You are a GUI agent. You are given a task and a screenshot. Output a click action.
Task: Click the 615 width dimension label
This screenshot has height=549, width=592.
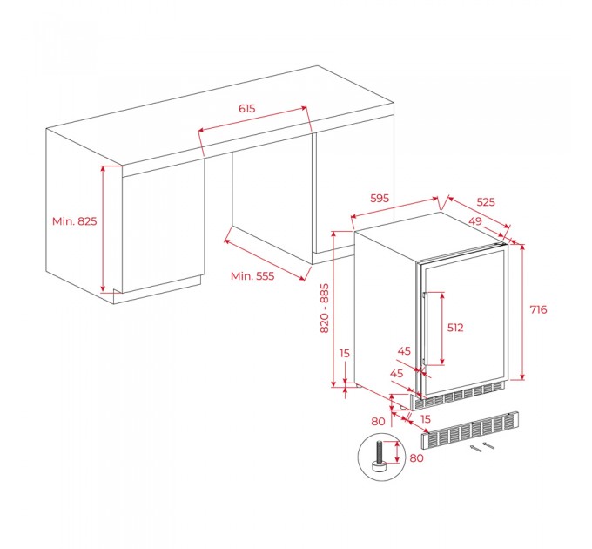click(x=247, y=109)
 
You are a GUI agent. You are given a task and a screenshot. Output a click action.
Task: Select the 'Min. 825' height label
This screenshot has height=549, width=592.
click(x=74, y=221)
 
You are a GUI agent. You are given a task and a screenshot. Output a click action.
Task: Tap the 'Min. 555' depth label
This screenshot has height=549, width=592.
click(x=252, y=276)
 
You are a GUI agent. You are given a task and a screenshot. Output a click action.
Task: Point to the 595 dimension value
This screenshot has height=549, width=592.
click(x=380, y=198)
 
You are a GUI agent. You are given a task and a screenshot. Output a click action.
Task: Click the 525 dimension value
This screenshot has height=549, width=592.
click(x=486, y=202)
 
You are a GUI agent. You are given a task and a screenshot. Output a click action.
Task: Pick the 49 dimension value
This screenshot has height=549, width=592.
click(x=475, y=220)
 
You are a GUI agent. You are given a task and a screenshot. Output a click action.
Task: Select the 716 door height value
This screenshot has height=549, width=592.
click(x=538, y=310)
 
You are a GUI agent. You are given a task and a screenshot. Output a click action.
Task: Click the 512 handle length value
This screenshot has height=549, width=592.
click(x=455, y=328)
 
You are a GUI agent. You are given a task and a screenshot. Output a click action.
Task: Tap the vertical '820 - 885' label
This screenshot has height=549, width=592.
click(x=325, y=308)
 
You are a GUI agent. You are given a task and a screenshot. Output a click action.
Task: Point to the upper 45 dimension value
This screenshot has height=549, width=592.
click(x=404, y=351)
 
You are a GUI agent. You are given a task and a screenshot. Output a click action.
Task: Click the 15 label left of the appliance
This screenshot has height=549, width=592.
click(x=345, y=353)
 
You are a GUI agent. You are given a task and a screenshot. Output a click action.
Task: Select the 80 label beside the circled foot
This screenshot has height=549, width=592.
click(x=416, y=458)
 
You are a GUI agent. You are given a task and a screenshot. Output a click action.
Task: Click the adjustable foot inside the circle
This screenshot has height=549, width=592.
click(x=380, y=457)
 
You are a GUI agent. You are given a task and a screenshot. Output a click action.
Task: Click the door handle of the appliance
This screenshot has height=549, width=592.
click(x=424, y=329)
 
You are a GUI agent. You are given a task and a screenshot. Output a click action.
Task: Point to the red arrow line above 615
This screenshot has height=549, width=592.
click(x=252, y=119)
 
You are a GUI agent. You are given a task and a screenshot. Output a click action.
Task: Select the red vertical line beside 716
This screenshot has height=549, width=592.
click(x=522, y=312)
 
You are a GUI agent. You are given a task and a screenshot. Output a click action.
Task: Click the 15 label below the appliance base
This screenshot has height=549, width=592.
click(x=425, y=419)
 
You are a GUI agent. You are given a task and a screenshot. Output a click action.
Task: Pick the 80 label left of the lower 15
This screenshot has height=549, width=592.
click(x=378, y=421)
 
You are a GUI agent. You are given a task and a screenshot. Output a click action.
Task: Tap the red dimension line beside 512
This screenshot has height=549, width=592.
click(x=442, y=329)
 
